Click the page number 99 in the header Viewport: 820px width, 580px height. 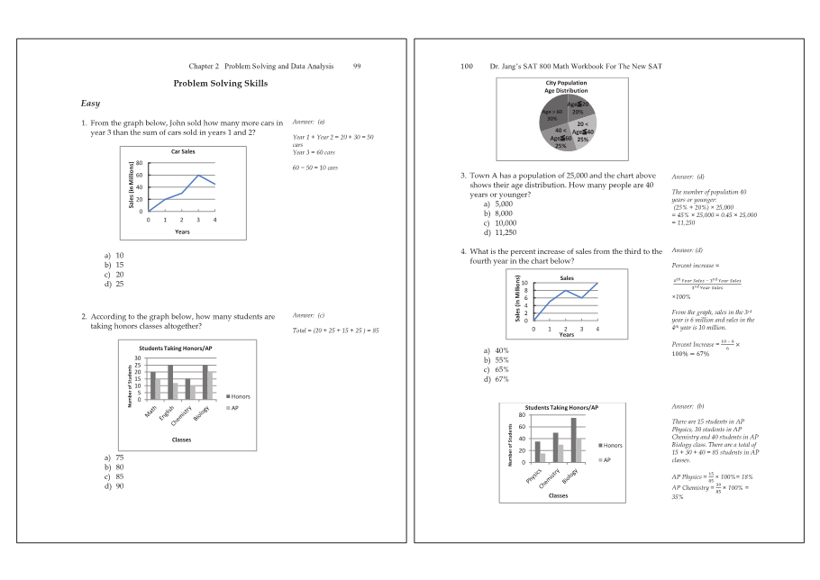pos(357,67)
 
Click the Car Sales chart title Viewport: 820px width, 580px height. pos(182,151)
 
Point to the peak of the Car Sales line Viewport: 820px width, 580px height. pos(198,176)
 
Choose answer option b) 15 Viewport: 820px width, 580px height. pos(114,265)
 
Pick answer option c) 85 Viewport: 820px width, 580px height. pos(114,476)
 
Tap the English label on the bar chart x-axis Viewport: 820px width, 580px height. pos(168,415)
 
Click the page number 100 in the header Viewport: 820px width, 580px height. pos(466,67)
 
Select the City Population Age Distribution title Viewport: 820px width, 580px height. pos(565,86)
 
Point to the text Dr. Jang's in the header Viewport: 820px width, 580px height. pos(506,67)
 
